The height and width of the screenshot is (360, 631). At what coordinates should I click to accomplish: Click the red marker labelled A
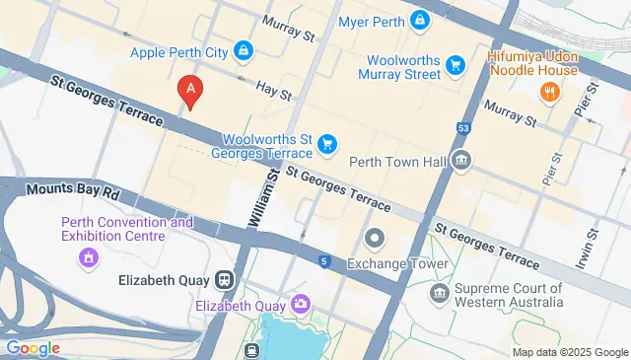[x=190, y=91]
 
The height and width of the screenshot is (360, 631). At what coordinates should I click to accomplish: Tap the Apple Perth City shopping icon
[x=243, y=50]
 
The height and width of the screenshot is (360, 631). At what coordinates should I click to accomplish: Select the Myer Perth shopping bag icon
[x=421, y=21]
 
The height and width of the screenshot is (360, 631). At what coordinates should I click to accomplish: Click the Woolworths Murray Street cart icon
[x=455, y=66]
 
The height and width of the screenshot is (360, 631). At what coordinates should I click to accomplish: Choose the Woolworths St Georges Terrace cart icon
[x=326, y=146]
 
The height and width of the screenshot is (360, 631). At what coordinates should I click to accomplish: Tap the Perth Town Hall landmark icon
[x=460, y=160]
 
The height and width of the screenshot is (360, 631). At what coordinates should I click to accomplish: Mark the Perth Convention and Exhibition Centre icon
[x=89, y=258]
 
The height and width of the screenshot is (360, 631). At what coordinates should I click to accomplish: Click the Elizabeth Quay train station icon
[x=225, y=280]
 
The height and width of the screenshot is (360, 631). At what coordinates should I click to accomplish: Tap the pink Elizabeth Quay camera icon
[x=299, y=305]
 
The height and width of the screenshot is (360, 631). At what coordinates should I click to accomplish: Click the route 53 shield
[x=463, y=128]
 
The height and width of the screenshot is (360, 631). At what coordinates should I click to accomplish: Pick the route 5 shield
[x=323, y=261]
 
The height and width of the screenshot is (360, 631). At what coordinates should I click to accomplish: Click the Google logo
[x=32, y=347]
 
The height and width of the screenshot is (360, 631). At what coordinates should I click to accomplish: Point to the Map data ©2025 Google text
[x=569, y=352]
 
